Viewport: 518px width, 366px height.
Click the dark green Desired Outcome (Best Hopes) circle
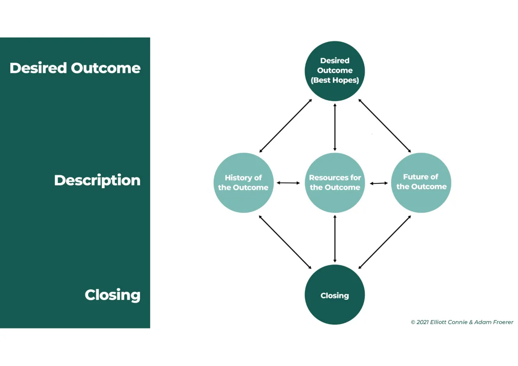point(335,70)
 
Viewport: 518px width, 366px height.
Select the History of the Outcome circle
point(243,183)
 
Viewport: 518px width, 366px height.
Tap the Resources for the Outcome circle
point(335,183)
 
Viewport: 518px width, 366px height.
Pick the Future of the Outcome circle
point(421,182)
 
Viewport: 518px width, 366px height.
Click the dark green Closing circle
point(335,295)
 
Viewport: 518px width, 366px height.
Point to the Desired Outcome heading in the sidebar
point(75,68)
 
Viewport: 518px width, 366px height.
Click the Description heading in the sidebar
point(97,180)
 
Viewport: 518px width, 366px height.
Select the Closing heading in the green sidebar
point(113,295)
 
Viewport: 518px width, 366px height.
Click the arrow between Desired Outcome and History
point(285,126)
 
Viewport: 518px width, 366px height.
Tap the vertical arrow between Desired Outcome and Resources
point(335,127)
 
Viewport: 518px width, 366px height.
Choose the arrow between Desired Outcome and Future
point(384,126)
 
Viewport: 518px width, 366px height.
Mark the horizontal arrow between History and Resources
point(288,183)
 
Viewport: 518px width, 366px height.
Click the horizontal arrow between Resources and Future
point(379,183)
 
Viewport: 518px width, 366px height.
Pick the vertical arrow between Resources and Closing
point(335,238)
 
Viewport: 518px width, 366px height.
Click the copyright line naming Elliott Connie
point(462,322)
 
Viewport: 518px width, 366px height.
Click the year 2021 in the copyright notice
point(422,322)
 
